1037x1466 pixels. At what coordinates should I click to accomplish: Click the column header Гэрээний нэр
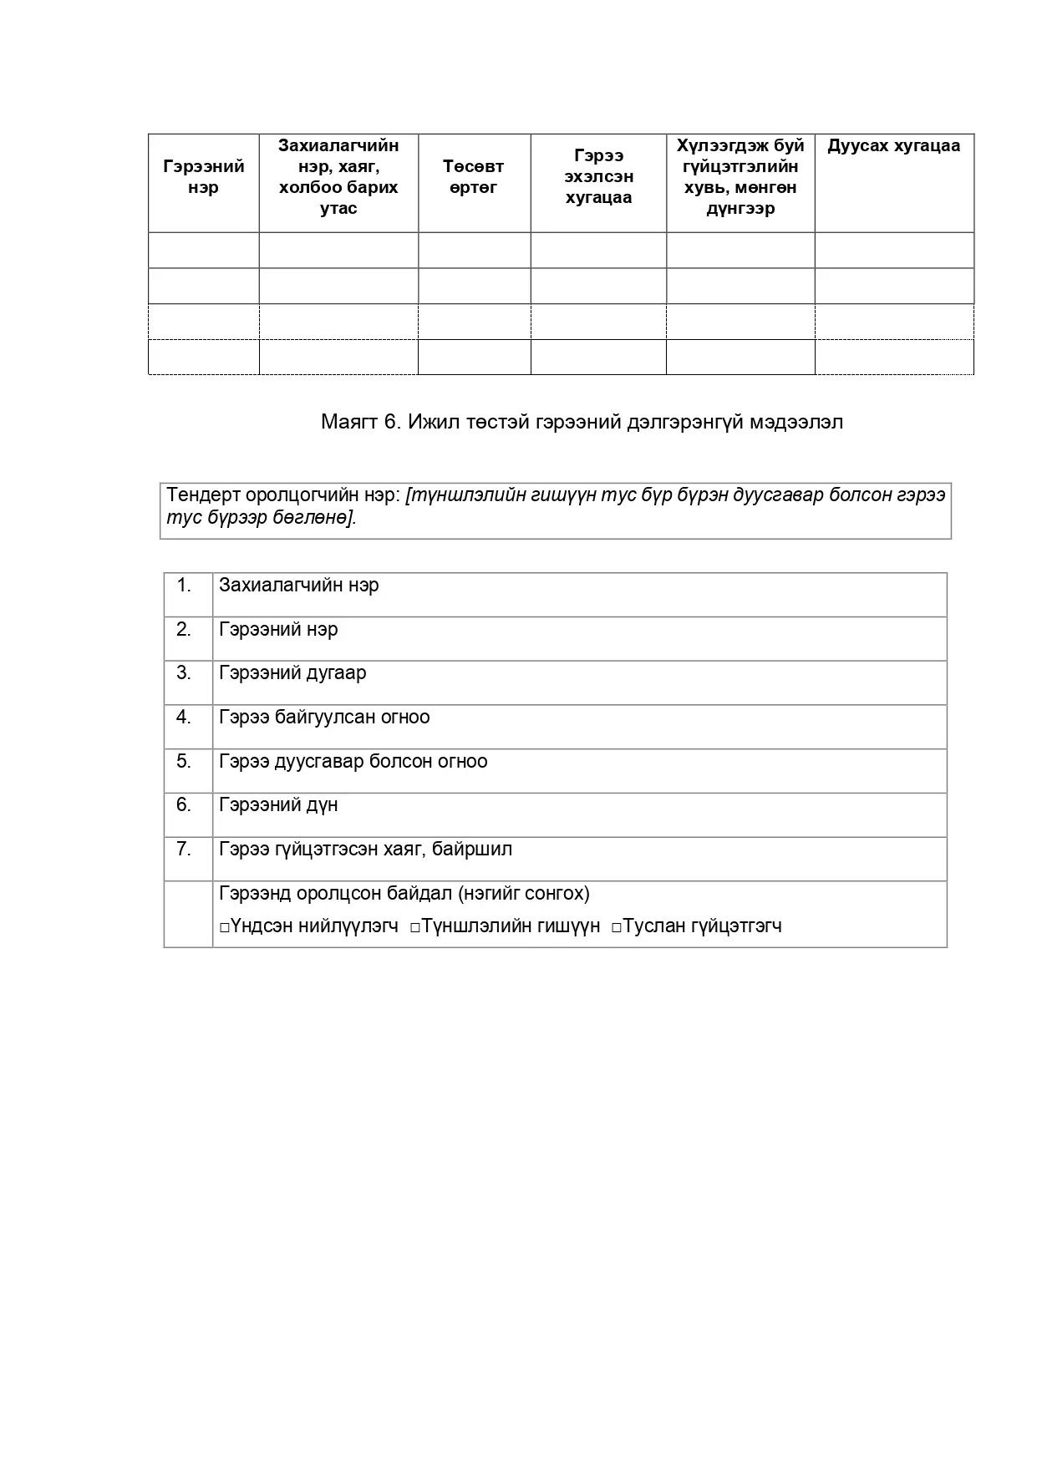point(203,176)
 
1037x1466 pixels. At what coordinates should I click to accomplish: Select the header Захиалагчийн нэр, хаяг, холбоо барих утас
point(338,176)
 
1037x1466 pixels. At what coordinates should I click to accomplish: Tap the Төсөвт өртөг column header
point(473,176)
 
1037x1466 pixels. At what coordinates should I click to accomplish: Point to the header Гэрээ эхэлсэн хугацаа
point(598,176)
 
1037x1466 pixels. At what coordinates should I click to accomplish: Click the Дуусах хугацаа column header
point(893,146)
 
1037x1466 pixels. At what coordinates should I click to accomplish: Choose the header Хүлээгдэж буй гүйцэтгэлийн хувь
point(740,176)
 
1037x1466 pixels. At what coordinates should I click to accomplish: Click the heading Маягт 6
point(582,422)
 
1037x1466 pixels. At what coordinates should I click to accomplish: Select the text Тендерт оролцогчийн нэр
point(284,495)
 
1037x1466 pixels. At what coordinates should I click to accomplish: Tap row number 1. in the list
point(185,586)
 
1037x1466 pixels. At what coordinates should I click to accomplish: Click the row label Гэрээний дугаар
point(292,673)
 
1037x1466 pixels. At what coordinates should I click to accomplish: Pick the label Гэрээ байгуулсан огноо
point(324,718)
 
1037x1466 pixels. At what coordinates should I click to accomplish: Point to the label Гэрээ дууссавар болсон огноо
point(353,762)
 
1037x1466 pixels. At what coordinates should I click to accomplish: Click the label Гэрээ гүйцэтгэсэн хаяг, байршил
point(365,850)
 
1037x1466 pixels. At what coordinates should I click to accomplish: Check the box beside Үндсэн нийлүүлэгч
point(225,927)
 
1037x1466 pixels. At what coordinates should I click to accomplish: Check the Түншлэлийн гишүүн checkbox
point(414,927)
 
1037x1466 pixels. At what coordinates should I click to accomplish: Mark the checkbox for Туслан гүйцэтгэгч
point(617,927)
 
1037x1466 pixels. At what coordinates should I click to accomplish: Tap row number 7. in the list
point(185,850)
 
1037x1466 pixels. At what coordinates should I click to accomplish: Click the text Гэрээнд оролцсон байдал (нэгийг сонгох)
point(404,894)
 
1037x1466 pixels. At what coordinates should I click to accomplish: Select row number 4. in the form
point(185,718)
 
